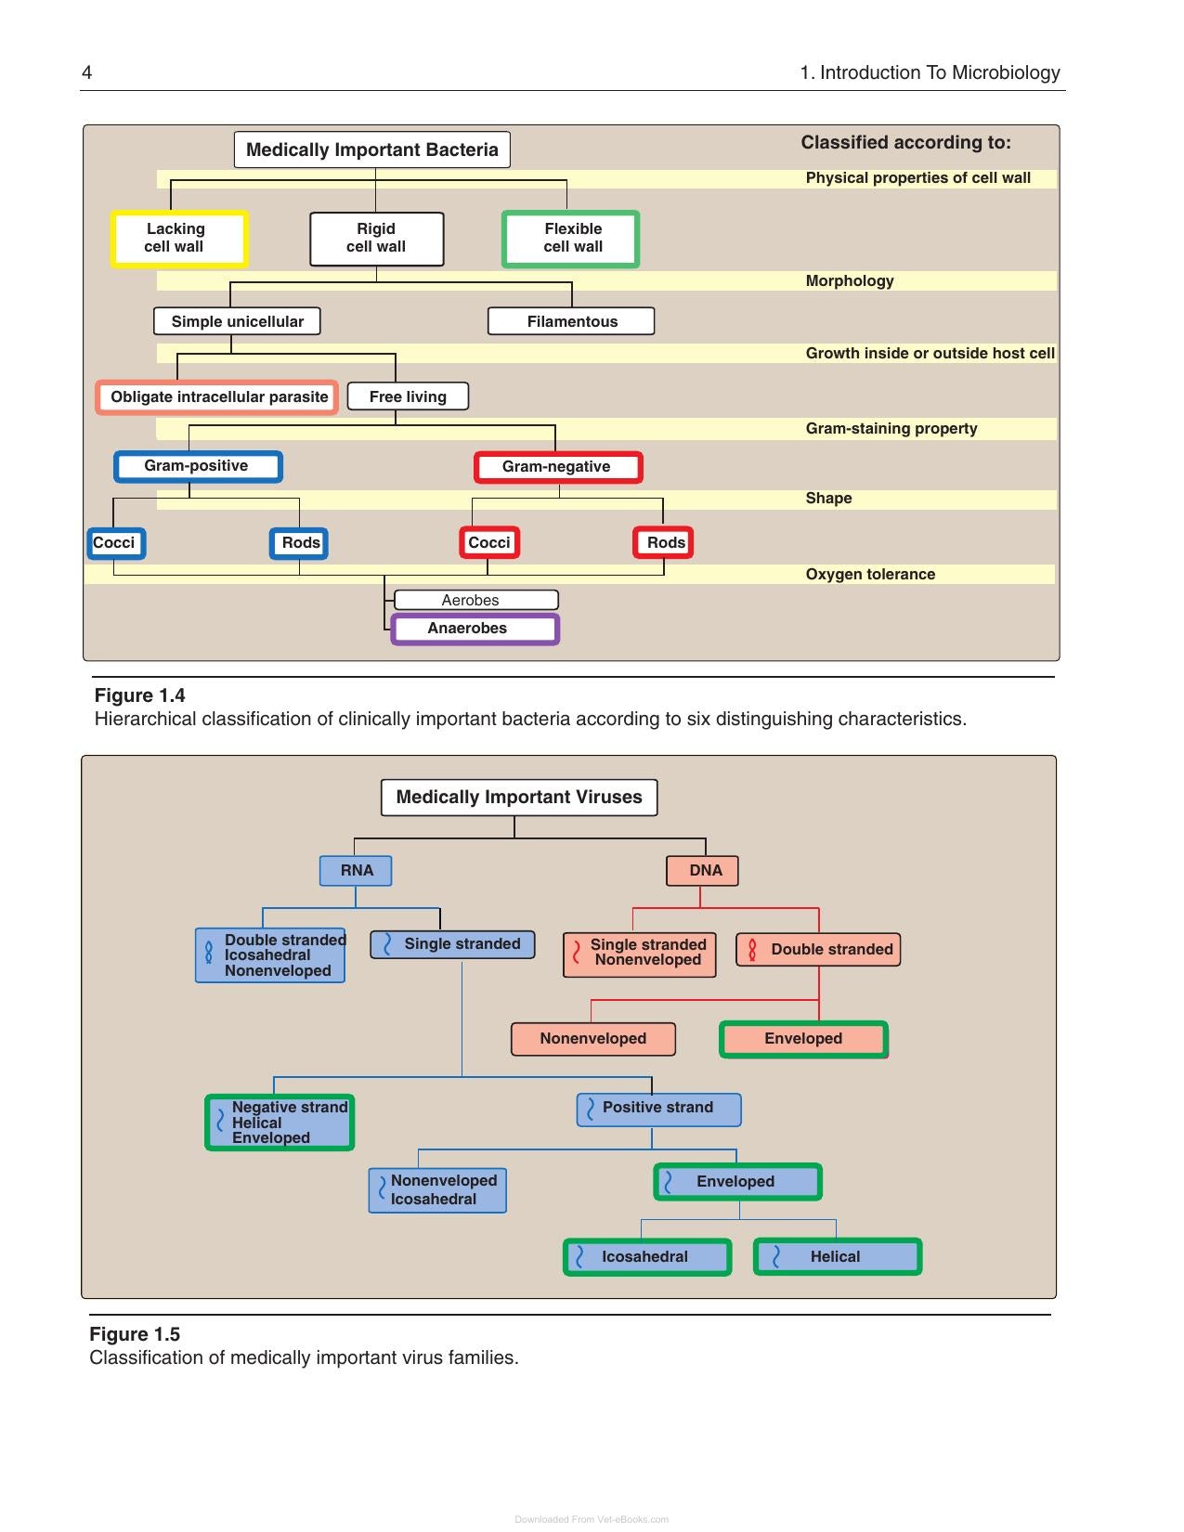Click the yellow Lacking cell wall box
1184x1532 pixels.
coord(179,239)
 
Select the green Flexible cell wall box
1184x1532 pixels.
coord(570,239)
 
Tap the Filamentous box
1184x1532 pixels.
coord(570,321)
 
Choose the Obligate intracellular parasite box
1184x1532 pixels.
coord(216,396)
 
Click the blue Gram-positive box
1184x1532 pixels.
coord(198,467)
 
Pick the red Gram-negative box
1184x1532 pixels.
coord(558,467)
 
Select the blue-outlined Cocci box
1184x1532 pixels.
coord(116,543)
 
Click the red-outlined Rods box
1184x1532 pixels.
coord(663,543)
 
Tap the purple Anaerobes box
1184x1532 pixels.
coord(475,629)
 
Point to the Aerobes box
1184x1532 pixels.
coord(476,600)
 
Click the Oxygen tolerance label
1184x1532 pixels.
coord(870,574)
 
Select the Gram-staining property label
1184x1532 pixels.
coord(891,429)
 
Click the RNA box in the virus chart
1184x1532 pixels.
coord(356,871)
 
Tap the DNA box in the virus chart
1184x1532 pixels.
coord(702,871)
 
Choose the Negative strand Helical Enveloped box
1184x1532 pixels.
coord(280,1123)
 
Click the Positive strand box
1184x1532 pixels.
coord(658,1110)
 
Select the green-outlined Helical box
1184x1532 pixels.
coord(838,1256)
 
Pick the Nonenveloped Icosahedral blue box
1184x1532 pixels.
coord(437,1190)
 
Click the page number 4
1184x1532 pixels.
coord(86,72)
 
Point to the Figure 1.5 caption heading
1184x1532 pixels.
coord(135,1334)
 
